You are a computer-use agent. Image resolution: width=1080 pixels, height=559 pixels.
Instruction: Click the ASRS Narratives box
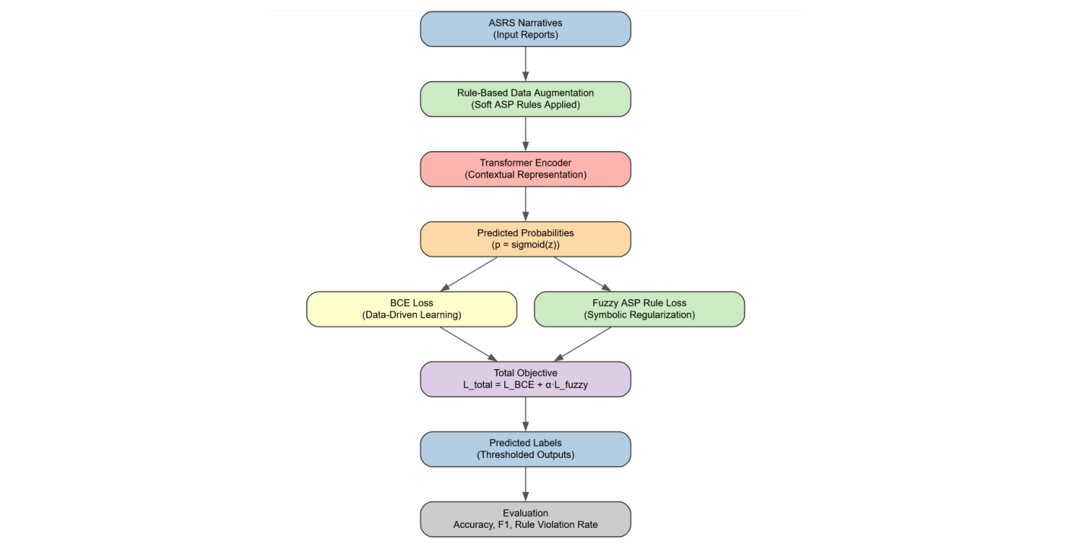[525, 29]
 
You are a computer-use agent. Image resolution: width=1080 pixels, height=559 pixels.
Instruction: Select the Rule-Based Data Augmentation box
[525, 99]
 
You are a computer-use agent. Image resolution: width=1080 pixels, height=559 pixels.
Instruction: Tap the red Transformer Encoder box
[525, 169]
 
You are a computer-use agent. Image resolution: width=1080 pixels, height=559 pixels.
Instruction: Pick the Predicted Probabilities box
[525, 238]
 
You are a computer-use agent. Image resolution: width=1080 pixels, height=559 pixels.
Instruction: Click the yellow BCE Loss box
[411, 309]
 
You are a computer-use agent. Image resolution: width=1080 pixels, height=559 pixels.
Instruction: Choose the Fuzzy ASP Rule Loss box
[639, 309]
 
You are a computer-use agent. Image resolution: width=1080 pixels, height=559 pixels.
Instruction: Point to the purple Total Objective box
[525, 379]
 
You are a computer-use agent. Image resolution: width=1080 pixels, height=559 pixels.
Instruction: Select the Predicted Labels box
[525, 449]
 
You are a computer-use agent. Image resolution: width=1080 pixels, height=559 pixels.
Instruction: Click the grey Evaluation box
[525, 519]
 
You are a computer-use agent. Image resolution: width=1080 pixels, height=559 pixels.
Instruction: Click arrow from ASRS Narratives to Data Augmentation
[525, 64]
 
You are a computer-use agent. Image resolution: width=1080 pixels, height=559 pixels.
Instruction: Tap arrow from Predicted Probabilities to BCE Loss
[469, 274]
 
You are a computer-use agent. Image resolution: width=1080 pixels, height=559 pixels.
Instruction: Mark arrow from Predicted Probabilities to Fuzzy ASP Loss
[582, 274]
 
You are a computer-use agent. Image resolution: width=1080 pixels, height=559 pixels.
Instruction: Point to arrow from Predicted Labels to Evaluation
[525, 484]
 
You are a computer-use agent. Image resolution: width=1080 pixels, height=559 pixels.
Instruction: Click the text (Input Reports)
[525, 35]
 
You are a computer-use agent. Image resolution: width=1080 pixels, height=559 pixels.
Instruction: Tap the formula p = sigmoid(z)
[525, 245]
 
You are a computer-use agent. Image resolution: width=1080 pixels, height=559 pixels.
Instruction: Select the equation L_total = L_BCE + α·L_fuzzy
[525, 385]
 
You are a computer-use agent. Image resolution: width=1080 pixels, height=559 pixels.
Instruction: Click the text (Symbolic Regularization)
[639, 315]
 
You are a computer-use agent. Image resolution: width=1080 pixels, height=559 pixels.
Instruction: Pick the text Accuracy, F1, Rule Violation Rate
[525, 525]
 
